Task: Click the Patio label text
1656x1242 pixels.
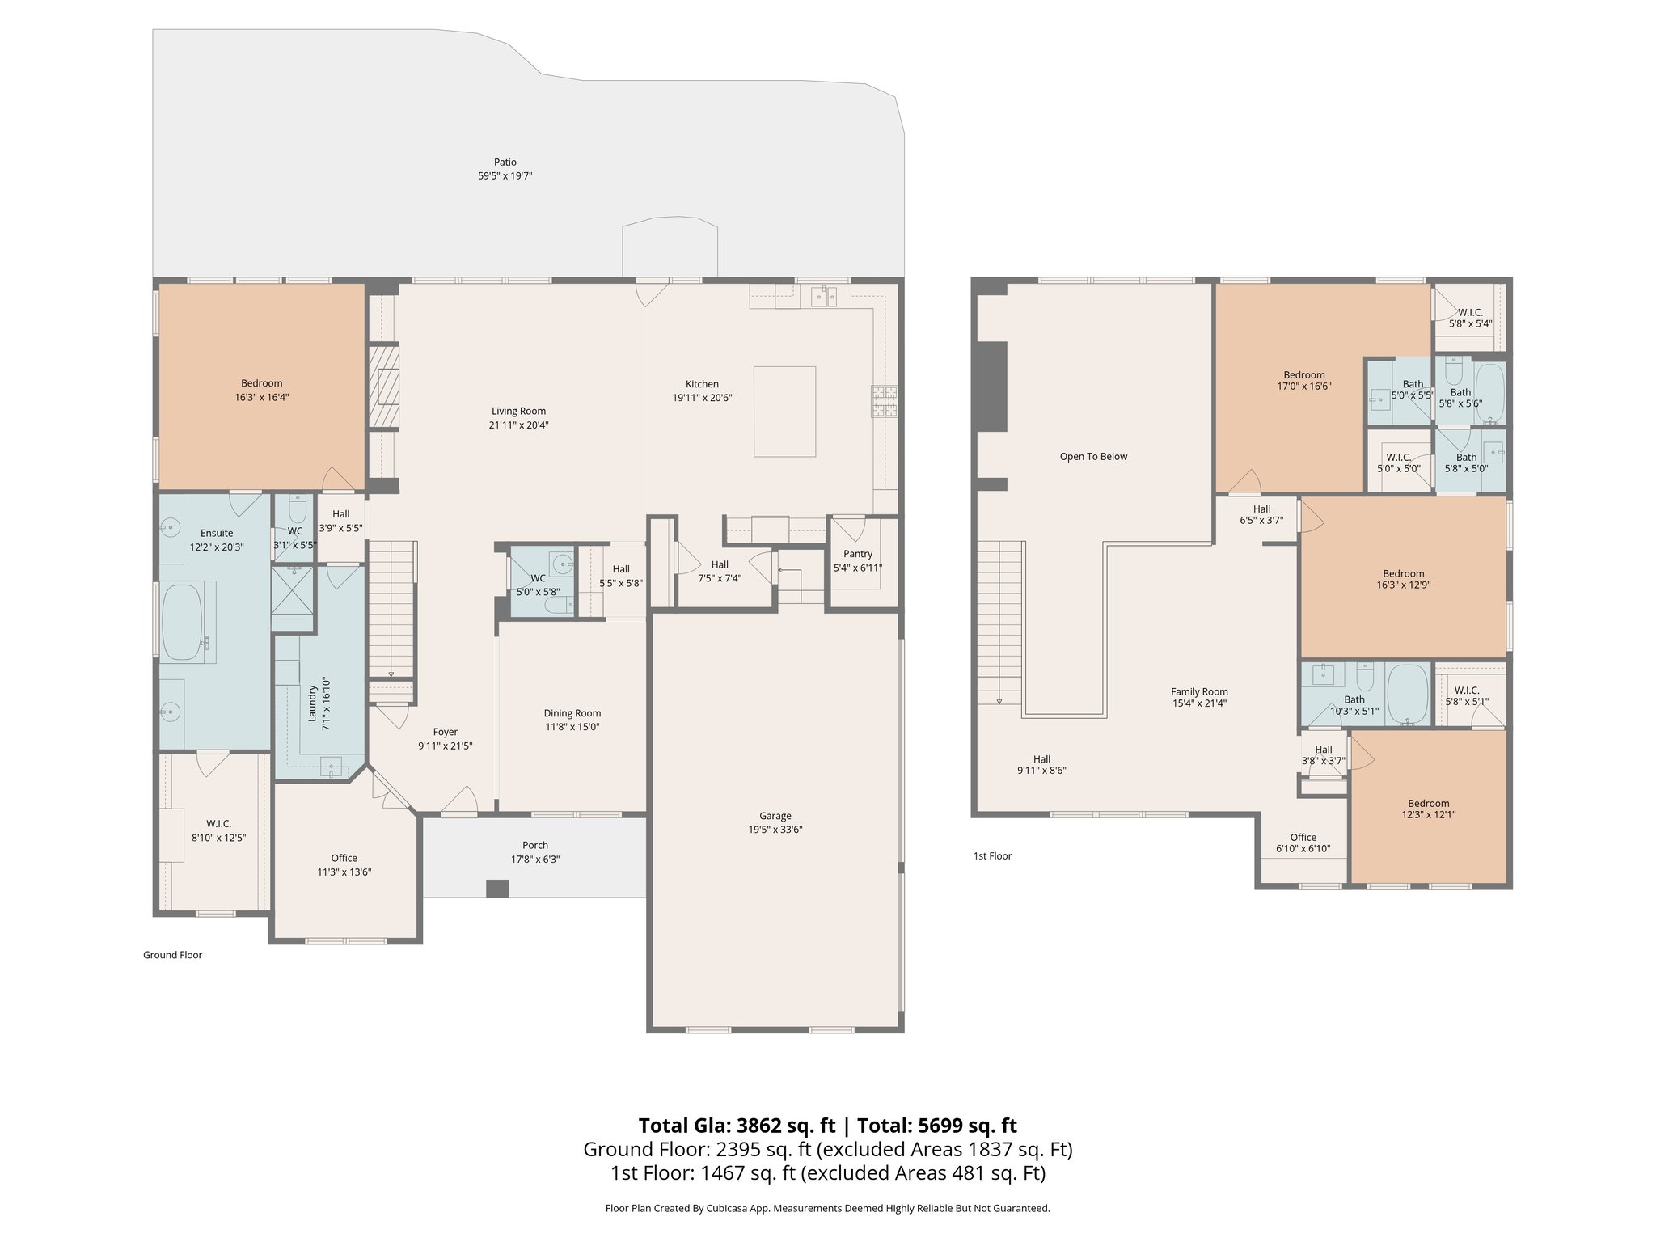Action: click(x=505, y=163)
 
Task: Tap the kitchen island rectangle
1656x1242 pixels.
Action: click(x=784, y=412)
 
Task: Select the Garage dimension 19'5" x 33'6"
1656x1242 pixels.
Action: click(x=775, y=830)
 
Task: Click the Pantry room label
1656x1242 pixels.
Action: click(x=857, y=554)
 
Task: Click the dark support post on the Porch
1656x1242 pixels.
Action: click(x=497, y=888)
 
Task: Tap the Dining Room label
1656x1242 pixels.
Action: click(x=572, y=713)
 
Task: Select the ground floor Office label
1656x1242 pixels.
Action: click(x=344, y=858)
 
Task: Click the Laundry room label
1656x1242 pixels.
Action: click(x=311, y=703)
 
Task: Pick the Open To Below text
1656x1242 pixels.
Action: click(x=1093, y=457)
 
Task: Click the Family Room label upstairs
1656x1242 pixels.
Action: click(x=1199, y=691)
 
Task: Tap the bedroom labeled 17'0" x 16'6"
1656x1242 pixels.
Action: click(x=1303, y=380)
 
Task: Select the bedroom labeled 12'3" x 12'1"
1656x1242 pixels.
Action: click(x=1428, y=809)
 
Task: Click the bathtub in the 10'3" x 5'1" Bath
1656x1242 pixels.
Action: click(x=1409, y=694)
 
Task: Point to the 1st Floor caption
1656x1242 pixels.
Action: click(x=992, y=855)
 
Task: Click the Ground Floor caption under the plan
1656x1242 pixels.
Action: click(x=172, y=955)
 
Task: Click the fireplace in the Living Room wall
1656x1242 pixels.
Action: click(x=384, y=387)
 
